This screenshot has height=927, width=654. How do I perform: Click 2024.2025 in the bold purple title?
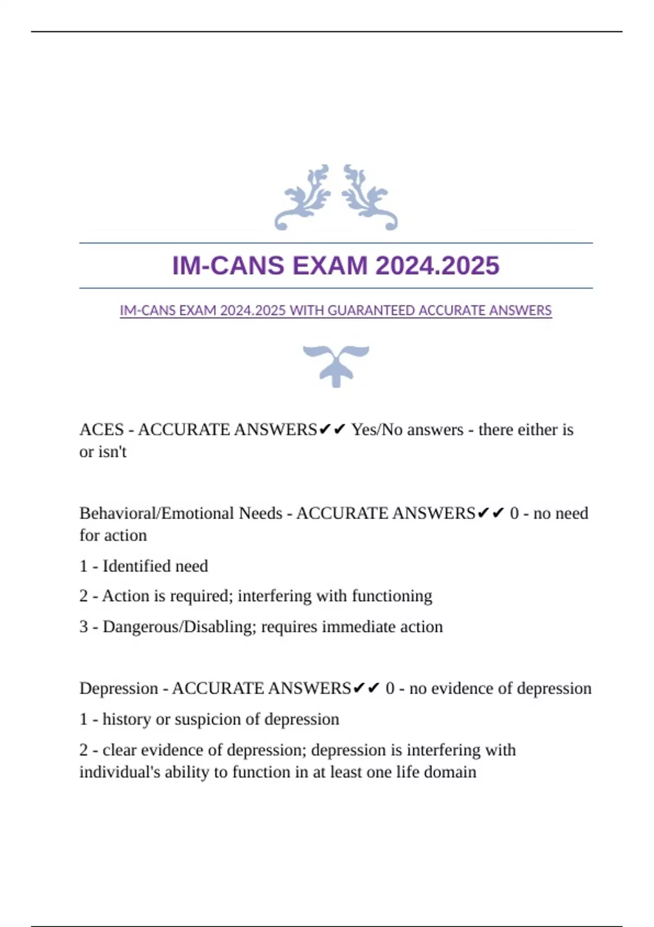coord(437,266)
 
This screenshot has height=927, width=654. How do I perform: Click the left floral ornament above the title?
coord(303,197)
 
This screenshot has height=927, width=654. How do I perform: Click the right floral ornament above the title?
coord(370,197)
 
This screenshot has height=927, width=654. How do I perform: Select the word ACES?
coord(102,430)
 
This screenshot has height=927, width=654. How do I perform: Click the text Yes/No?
coord(377,430)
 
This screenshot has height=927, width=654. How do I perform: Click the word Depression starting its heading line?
coord(119,688)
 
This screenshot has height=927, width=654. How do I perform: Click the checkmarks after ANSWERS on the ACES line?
coord(332,430)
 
